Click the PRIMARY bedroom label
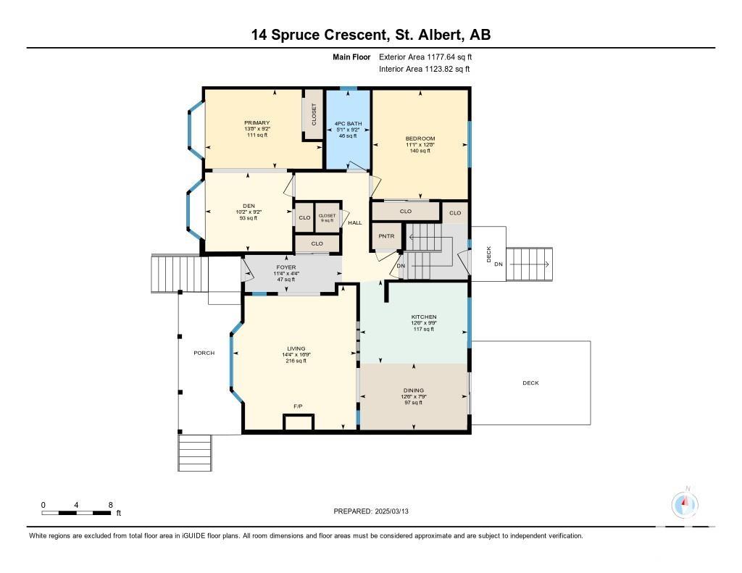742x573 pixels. pos(257,123)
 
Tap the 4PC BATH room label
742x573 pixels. pos(348,124)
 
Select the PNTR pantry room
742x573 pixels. pos(387,236)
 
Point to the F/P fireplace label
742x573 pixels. pos(298,406)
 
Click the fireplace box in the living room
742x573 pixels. pos(299,422)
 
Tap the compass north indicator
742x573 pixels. pos(685,504)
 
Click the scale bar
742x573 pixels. pos(76,512)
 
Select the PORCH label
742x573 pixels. pos(204,353)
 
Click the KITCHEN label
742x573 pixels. pos(423,317)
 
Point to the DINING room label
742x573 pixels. pos(414,391)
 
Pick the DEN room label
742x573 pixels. pos(249,206)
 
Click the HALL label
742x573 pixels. pos(355,223)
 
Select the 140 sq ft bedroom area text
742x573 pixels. pos(420,151)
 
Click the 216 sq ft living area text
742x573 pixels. pos(296,361)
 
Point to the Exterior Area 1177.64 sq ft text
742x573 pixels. pos(425,57)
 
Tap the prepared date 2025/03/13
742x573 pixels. pos(392,511)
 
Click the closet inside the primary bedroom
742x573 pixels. pos(313,114)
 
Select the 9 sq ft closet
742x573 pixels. pos(327,217)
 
